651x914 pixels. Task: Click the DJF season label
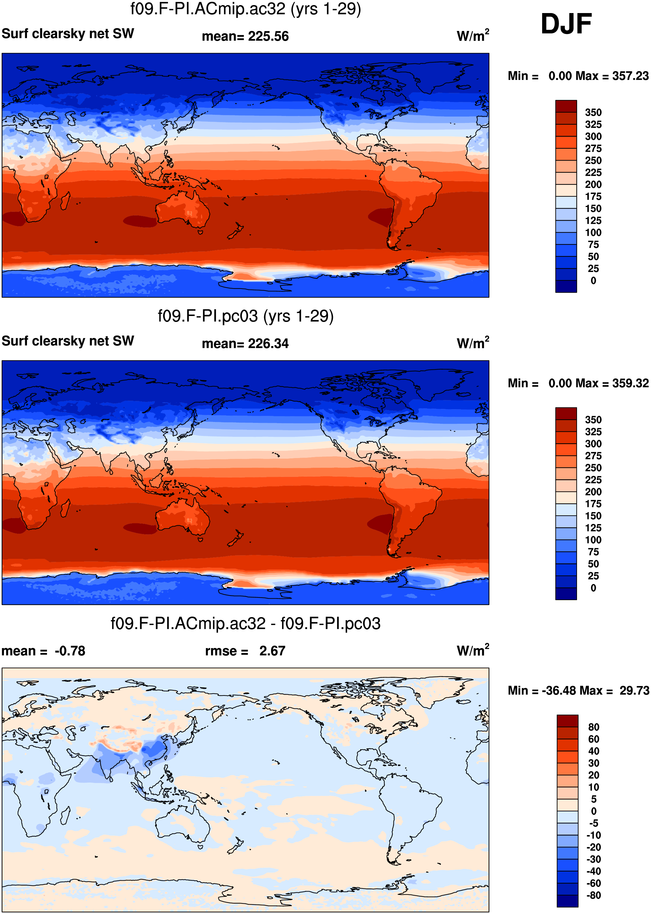tap(566, 24)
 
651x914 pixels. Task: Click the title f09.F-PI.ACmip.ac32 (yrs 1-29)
tap(246, 9)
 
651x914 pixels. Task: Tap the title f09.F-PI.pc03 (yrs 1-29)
tap(246, 316)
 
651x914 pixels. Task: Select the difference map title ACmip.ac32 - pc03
tap(246, 623)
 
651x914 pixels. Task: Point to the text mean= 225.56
tap(245, 36)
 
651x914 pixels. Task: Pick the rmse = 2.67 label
tap(245, 651)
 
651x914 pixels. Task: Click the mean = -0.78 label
tap(43, 651)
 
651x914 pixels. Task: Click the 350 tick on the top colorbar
tap(593, 112)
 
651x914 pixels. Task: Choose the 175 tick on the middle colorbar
tap(593, 504)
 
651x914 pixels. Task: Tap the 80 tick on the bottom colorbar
tap(594, 727)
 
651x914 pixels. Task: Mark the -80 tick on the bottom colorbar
tap(594, 895)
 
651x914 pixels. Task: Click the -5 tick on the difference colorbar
tap(594, 823)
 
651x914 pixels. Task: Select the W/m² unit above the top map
tap(473, 35)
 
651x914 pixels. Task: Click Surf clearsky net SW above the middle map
tap(68, 341)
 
